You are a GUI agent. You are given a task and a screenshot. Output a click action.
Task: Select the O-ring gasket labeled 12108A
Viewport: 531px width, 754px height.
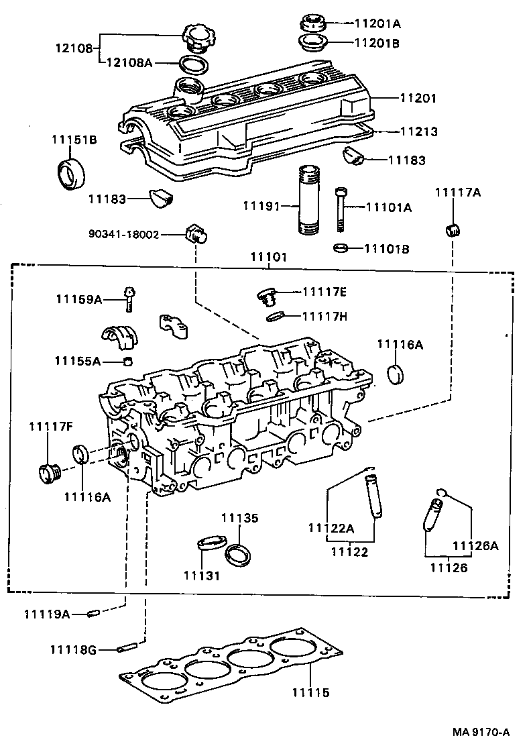pyautogui.click(x=193, y=65)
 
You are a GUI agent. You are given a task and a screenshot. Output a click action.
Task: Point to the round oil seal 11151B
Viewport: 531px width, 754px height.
pyautogui.click(x=70, y=173)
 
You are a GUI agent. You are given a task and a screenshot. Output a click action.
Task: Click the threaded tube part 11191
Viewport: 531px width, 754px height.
pyautogui.click(x=310, y=201)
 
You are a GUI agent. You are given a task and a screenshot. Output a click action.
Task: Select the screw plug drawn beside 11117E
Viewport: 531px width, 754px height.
pyautogui.click(x=267, y=295)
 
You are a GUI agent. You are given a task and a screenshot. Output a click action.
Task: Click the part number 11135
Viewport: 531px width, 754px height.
pyautogui.click(x=239, y=519)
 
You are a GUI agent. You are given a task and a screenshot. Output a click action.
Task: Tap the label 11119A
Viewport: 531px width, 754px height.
pyautogui.click(x=46, y=613)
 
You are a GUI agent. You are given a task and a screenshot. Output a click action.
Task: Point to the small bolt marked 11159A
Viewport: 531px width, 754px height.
pyautogui.click(x=129, y=299)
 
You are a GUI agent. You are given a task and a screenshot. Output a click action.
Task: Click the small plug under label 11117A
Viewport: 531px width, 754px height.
pyautogui.click(x=453, y=229)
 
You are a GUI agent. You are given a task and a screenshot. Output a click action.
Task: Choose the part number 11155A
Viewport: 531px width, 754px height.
pyautogui.click(x=78, y=362)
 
